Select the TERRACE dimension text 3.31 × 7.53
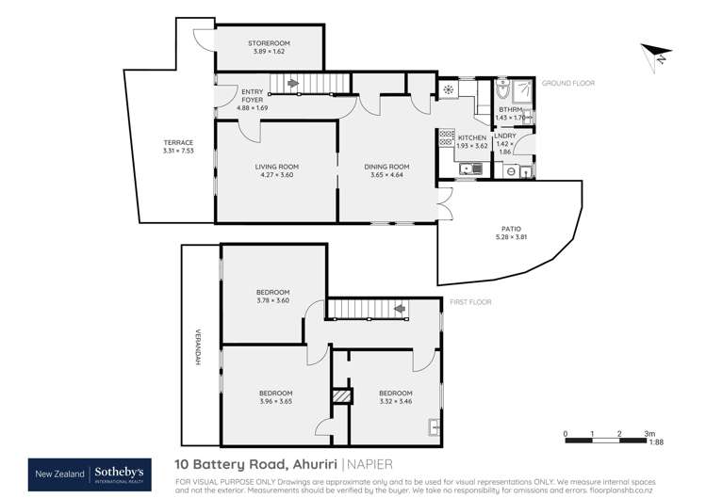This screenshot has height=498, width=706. click(177, 151)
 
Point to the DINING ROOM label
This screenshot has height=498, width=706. click(384, 167)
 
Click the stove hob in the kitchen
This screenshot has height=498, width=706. click(446, 139)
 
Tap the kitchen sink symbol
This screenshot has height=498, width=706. click(475, 169)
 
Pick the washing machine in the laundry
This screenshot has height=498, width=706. click(510, 172)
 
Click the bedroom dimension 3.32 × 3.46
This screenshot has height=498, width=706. click(395, 402)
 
